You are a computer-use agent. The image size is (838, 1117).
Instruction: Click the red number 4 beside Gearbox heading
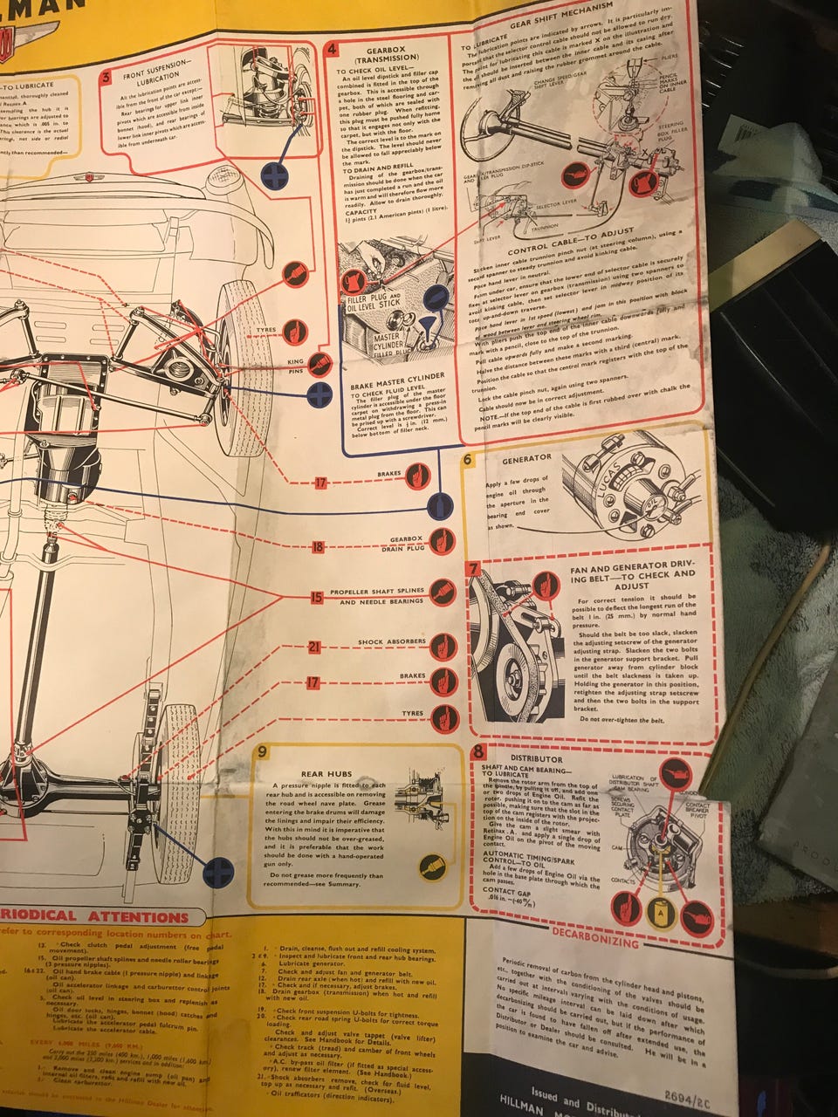tap(333, 49)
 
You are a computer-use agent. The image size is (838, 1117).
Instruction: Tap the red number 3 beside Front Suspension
tap(106, 78)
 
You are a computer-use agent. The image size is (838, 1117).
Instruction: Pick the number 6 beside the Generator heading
tap(468, 460)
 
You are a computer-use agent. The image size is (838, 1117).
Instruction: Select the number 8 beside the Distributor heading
tap(478, 752)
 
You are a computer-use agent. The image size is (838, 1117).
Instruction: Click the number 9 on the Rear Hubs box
tap(262, 751)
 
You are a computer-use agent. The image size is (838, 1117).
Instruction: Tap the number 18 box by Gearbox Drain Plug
tap(318, 547)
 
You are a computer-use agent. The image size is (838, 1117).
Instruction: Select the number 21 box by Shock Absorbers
tap(315, 647)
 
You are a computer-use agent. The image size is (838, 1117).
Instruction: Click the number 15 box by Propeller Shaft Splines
tap(316, 598)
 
